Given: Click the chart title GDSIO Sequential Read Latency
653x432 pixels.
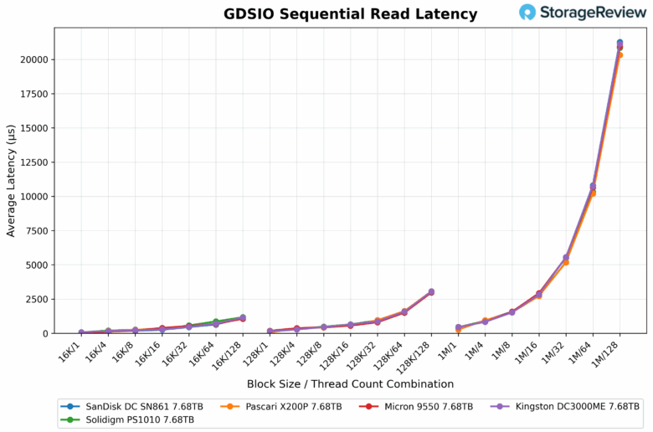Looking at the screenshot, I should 350,14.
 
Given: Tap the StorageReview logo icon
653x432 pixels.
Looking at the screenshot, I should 527,12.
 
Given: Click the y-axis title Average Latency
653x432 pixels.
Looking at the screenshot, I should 11,180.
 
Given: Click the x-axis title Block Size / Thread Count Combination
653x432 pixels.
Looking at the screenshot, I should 350,384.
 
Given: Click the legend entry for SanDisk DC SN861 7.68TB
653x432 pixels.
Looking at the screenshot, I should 139,406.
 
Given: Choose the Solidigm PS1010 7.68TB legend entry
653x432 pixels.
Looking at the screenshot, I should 139,419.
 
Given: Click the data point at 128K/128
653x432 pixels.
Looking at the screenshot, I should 431,292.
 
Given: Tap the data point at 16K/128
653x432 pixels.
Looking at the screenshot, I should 243,318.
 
